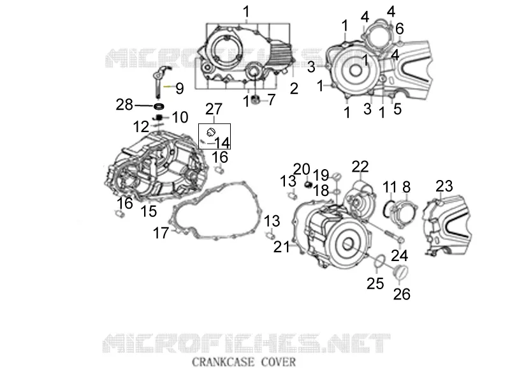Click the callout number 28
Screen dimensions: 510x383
[x=124, y=105]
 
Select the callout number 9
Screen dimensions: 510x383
[x=180, y=89]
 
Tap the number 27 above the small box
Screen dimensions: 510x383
[x=214, y=109]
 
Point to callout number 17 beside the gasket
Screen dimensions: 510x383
[x=161, y=233]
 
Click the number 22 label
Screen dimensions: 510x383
[x=360, y=167]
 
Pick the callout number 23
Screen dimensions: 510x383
[x=444, y=186]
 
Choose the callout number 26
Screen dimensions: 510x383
[x=402, y=294]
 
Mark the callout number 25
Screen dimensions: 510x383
[x=375, y=283]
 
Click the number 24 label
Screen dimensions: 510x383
[x=400, y=256]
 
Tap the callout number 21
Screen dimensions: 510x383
[x=281, y=247]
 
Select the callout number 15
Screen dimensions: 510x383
[x=149, y=211]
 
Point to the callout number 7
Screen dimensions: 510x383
[x=272, y=100]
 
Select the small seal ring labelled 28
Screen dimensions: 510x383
[x=159, y=106]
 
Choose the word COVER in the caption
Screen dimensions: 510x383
[x=279, y=362]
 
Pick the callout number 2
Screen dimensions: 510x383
[x=294, y=89]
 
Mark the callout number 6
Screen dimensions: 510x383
[x=400, y=29]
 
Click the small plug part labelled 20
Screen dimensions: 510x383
[x=308, y=185]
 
